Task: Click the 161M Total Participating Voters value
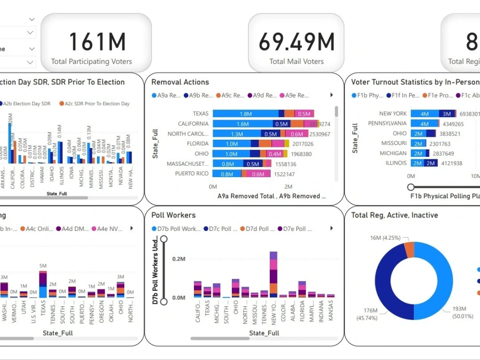(x=97, y=42)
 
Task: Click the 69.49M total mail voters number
(x=296, y=42)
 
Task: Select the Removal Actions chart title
(x=180, y=82)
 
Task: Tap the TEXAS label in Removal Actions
(x=201, y=114)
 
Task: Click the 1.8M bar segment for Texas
(x=245, y=114)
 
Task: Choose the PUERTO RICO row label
(x=192, y=174)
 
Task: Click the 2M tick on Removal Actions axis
(x=288, y=186)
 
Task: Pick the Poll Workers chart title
(x=173, y=215)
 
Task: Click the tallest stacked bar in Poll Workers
(x=274, y=274)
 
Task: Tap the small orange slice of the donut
(x=409, y=249)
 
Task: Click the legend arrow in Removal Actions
(x=331, y=96)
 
